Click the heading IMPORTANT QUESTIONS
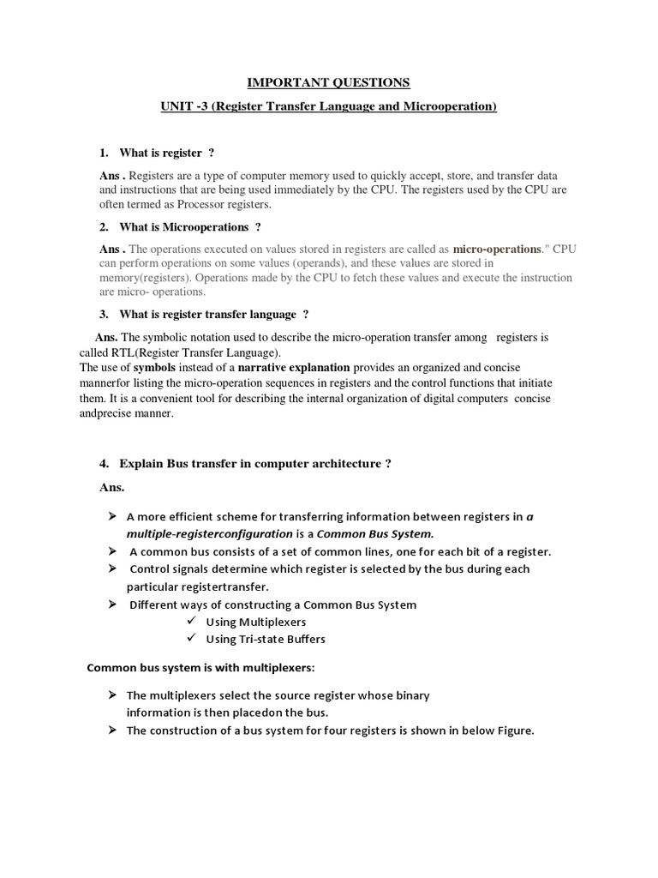(329, 82)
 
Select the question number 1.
(104, 153)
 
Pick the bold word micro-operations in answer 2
(497, 249)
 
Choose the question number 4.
(104, 464)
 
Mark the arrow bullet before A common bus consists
(112, 551)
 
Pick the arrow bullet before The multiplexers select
(112, 695)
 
